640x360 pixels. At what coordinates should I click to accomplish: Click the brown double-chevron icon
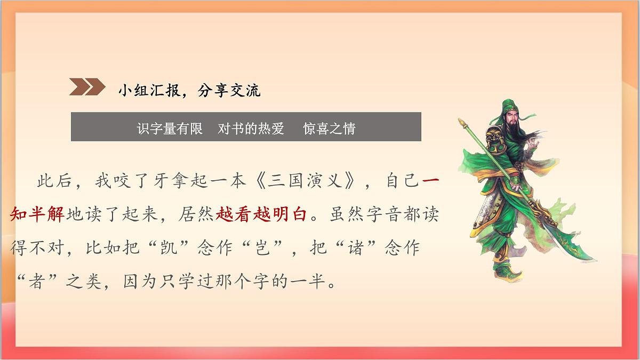[x=87, y=87]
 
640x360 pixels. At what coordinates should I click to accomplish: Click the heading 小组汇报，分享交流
[x=189, y=91]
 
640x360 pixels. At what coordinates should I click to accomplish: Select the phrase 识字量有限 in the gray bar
[x=170, y=129]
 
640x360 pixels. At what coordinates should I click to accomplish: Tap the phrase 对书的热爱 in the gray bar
[x=251, y=129]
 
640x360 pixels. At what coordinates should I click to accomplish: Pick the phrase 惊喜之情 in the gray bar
[x=329, y=129]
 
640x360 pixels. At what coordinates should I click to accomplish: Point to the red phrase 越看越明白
[x=261, y=215]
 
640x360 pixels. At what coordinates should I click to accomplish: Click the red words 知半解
[x=37, y=215]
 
